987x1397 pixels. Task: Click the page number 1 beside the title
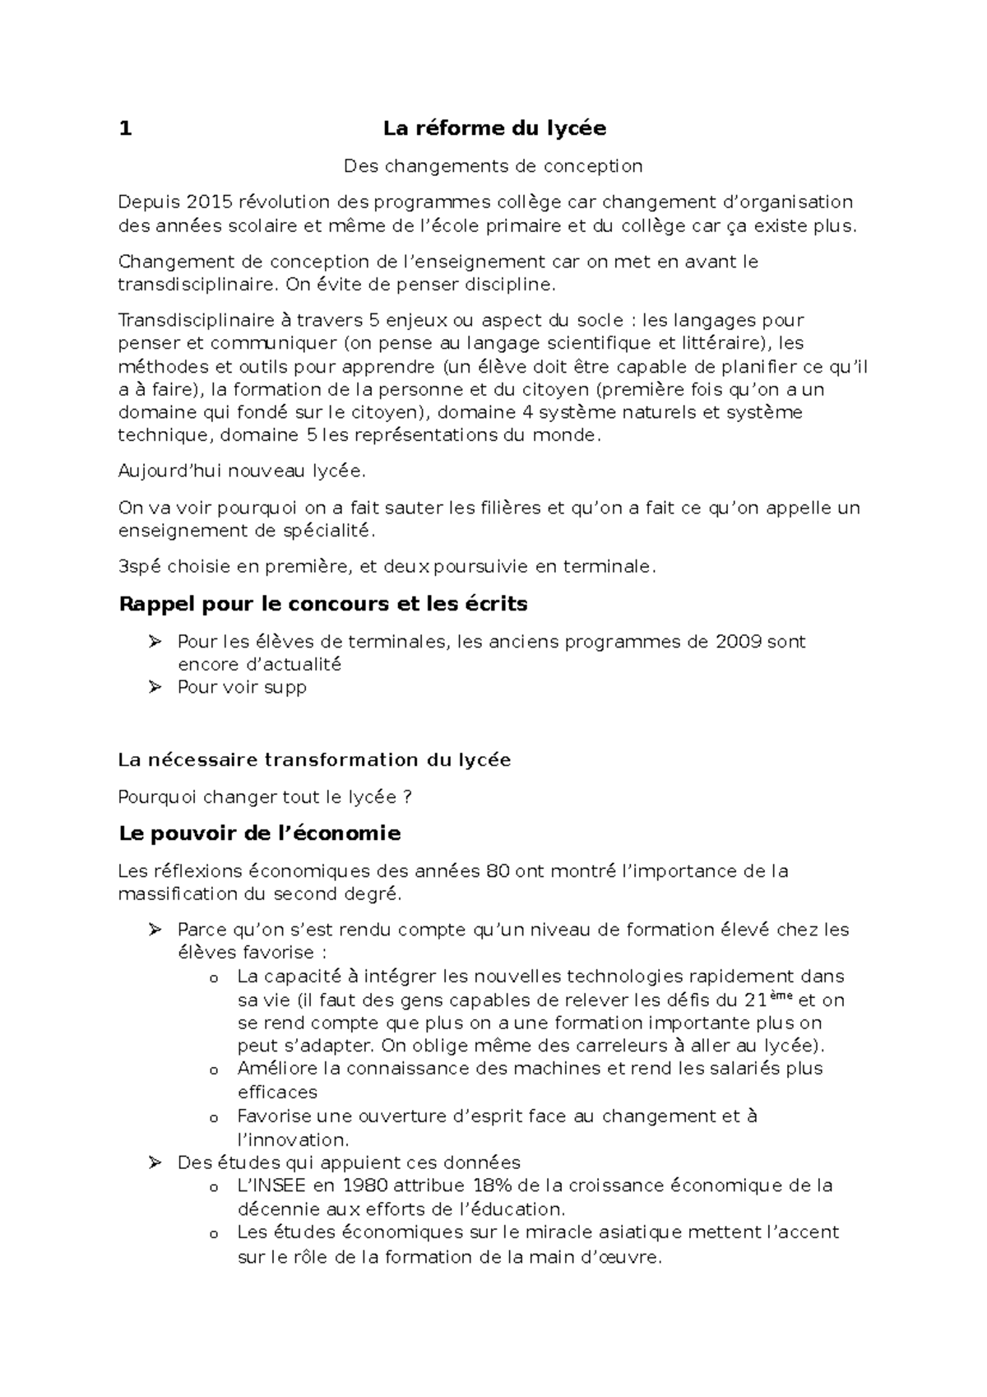pos(125,128)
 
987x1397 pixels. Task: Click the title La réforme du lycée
pos(494,128)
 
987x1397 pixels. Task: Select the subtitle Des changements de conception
pos(493,166)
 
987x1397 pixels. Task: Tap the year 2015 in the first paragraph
pos(210,202)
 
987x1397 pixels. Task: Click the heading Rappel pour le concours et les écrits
pos(323,604)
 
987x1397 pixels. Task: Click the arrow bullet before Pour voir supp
pos(155,687)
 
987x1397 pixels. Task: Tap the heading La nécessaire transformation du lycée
pos(314,760)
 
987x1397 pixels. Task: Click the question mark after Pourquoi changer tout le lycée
pos(407,797)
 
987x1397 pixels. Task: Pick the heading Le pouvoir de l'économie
pos(260,833)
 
